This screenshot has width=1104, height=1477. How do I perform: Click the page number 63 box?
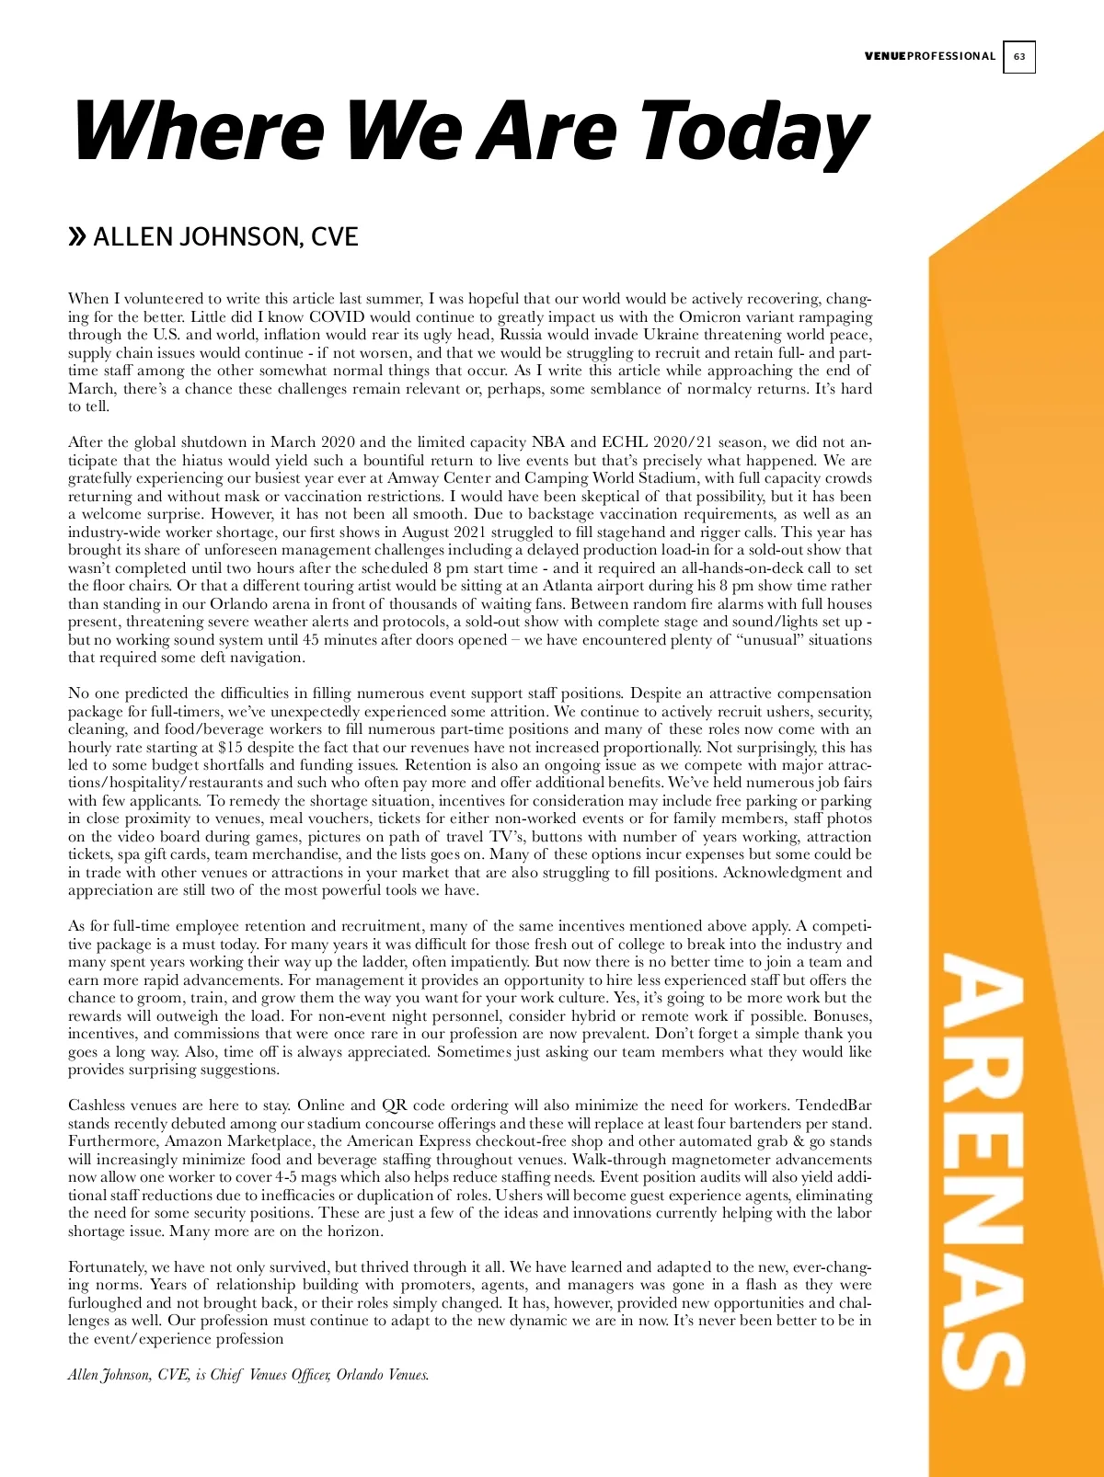[1018, 57]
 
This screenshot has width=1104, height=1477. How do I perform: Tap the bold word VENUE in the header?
[885, 57]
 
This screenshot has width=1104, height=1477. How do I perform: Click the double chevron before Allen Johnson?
[77, 237]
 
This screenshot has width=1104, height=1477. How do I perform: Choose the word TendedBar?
[834, 1105]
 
